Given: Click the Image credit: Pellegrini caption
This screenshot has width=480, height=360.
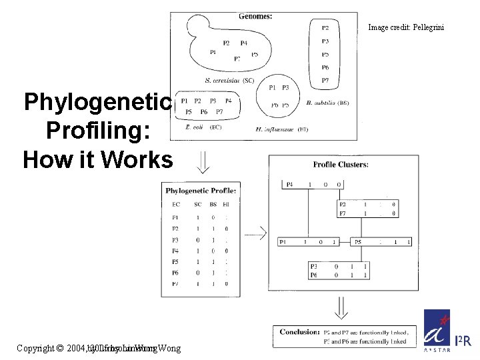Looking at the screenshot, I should click(405, 27).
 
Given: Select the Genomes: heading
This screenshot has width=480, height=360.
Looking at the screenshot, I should click(255, 17).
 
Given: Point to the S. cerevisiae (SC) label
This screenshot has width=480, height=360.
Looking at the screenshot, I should click(229, 80).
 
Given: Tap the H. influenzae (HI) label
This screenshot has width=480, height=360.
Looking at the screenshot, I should click(282, 129).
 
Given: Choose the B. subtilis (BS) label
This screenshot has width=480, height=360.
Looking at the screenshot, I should click(327, 103).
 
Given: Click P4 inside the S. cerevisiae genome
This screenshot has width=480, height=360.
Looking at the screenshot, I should click(243, 43).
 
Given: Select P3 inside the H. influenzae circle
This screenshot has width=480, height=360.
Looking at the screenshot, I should click(285, 87).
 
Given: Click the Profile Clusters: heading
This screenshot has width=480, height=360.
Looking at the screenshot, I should click(341, 165).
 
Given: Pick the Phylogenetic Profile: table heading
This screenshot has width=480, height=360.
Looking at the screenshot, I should click(201, 191).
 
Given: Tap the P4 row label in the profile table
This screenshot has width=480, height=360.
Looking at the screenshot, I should click(175, 251).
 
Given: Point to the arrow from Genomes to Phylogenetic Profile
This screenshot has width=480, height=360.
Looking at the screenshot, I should click(203, 161).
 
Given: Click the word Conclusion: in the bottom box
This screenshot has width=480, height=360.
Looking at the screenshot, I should click(299, 331).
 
